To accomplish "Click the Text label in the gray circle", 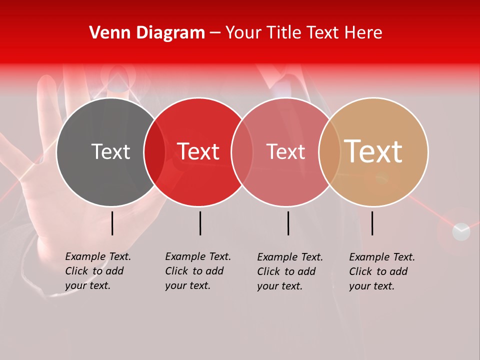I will point(110,151).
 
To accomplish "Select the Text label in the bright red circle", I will point(198,151).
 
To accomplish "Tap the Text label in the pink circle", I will point(285,151).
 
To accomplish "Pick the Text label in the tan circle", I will point(373,151).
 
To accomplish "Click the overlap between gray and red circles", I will point(154,152).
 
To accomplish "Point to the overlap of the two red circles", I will point(242,152).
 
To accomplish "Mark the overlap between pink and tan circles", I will point(329,152).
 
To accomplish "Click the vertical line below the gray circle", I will point(112,223).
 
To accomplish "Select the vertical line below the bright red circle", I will point(200,223).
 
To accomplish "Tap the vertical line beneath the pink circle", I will point(288,223).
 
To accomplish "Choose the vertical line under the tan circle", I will point(372,223).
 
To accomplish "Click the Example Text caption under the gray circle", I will point(97,271).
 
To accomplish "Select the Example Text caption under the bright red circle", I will point(197,271).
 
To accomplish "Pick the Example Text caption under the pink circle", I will point(289,271).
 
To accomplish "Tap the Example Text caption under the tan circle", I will point(381,271).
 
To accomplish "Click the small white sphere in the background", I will point(461,231).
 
